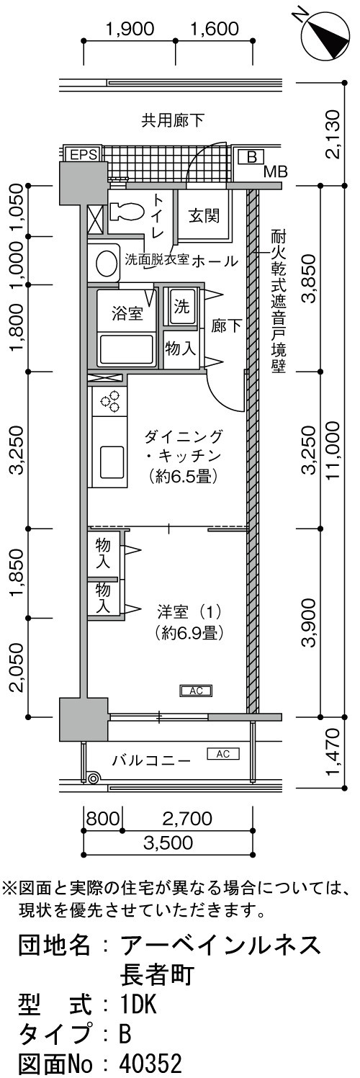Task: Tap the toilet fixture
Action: tap(126, 211)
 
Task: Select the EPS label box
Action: tap(84, 155)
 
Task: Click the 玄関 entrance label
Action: tap(204, 215)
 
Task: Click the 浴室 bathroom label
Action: tap(127, 314)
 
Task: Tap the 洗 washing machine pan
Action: tap(181, 307)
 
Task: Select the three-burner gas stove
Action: tap(110, 402)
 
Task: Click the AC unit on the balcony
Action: tap(223, 754)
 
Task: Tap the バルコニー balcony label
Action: tap(152, 761)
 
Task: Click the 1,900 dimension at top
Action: tap(130, 30)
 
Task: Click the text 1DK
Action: tap(139, 1002)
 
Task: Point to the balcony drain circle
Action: tap(94, 778)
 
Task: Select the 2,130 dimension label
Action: tap(333, 135)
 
